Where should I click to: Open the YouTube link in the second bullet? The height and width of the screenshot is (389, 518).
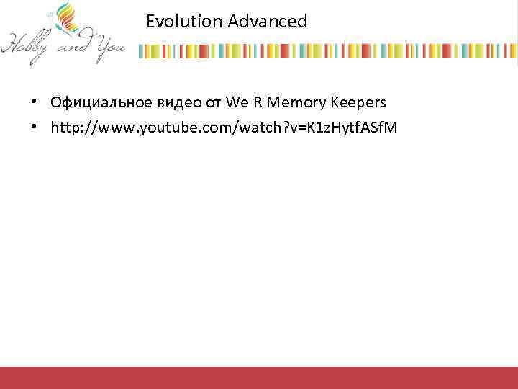coord(223,128)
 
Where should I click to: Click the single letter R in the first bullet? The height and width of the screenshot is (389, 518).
coord(257,102)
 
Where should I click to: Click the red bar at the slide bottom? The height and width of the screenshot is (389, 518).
coord(259,377)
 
